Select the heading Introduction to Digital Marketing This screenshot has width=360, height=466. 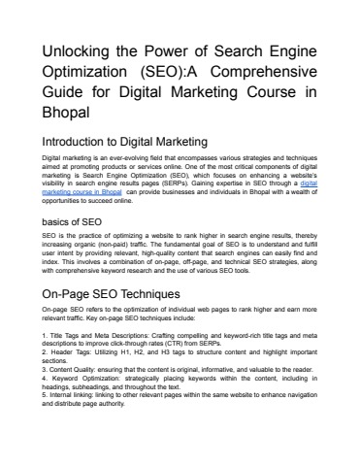click(126, 143)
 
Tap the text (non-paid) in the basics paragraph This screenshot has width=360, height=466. click(117, 243)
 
